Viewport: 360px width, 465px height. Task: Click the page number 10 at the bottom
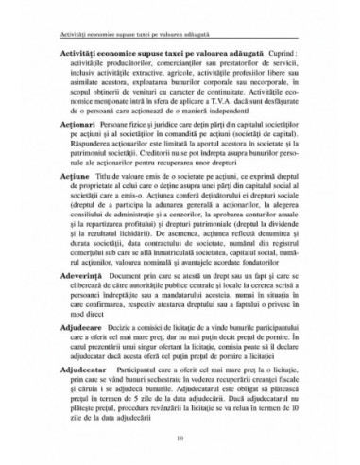(x=179, y=437)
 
